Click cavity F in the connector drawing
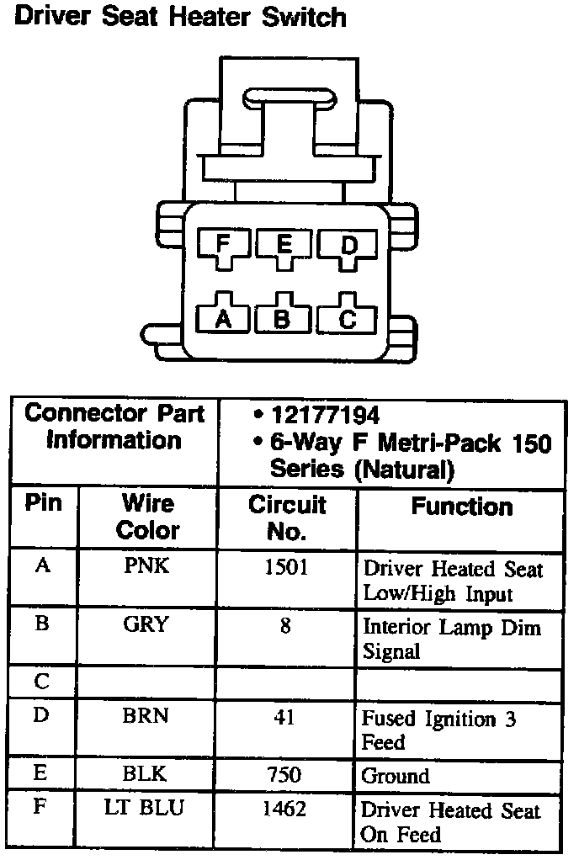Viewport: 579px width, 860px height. click(222, 245)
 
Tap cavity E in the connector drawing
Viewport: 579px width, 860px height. click(284, 245)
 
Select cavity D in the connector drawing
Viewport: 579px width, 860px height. click(348, 245)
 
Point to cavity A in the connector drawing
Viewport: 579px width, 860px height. click(223, 318)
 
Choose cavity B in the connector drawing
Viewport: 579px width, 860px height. click(284, 318)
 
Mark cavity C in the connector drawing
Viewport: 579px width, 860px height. click(348, 318)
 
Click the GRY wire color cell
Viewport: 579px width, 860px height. click(146, 624)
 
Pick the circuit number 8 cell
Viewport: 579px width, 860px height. click(286, 626)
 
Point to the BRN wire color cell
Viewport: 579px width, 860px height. click(146, 715)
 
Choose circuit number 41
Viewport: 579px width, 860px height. click(286, 717)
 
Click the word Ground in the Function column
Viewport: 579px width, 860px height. click(396, 776)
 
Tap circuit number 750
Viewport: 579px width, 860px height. click(286, 774)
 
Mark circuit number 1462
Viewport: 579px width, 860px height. click(286, 810)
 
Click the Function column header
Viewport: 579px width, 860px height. click(461, 507)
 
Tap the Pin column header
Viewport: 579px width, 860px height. click(43, 503)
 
